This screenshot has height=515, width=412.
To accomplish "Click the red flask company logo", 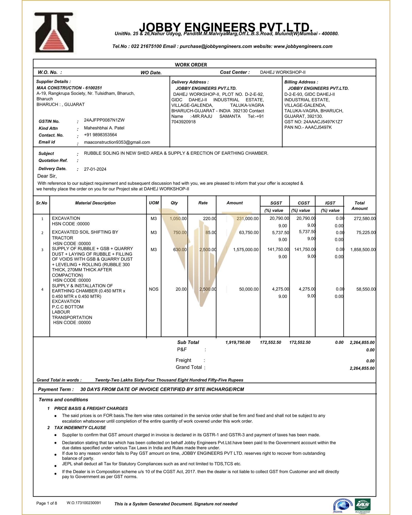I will coord(54,33).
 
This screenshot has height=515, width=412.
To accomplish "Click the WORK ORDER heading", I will coord(191,65).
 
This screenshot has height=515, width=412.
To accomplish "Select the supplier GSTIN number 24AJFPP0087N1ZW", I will coord(104,120).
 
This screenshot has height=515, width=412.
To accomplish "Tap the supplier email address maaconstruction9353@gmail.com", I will coord(117,142).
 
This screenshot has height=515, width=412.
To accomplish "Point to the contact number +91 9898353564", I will coord(100,135).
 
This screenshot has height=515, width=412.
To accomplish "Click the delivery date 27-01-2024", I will coord(95,169).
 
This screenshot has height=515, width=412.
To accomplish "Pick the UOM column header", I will coord(154,203).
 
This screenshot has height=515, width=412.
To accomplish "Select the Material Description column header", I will coord(95,203).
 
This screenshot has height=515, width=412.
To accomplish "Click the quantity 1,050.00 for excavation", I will coord(178,219).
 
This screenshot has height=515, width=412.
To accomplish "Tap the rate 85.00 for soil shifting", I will coord(211,233).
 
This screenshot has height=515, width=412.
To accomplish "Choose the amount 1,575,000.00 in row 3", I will coord(246,250).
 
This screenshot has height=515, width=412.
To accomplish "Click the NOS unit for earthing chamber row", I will coord(154,289).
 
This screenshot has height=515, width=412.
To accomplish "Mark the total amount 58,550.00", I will coord(366,289).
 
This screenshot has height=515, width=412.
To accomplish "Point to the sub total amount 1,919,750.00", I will coord(238,342).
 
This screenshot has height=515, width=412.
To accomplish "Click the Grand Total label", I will coord(189,367).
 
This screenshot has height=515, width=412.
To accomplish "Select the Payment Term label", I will coord(56,389).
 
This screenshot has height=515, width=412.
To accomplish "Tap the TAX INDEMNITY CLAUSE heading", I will coord(80,428).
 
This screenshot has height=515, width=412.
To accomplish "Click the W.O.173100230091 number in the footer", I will coord(84,503).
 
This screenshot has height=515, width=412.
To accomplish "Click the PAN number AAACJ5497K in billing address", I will coord(318,127).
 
